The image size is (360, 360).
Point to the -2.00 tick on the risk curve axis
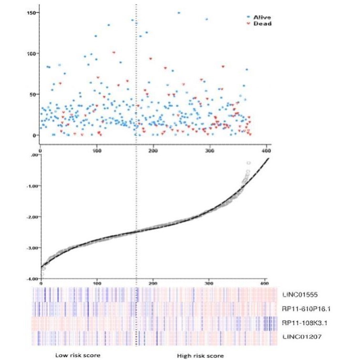tap(31, 216)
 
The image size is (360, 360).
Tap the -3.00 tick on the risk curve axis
tap(31, 247)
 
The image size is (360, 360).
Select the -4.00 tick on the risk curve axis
tap(31, 278)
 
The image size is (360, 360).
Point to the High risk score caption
tap(200, 355)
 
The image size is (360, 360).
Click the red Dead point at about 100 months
tap(113, 52)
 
